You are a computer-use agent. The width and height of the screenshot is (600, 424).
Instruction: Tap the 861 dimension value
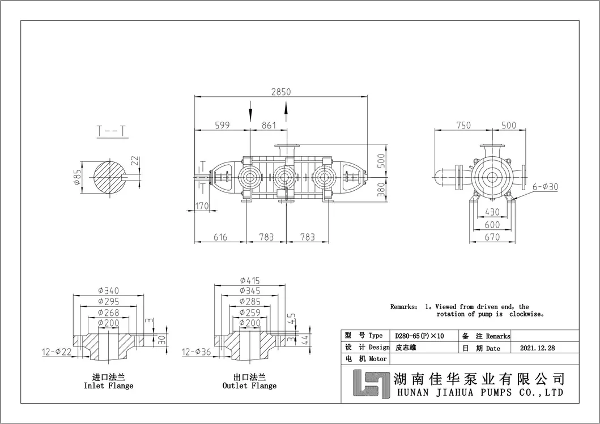[x=269, y=125]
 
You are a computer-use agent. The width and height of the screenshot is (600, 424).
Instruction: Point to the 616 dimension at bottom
[x=220, y=237]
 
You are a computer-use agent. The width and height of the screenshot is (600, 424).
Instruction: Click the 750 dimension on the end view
[x=463, y=125]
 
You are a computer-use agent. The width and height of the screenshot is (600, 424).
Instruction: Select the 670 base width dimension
[x=492, y=237]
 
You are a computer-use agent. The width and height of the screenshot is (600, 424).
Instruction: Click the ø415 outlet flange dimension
[x=249, y=280]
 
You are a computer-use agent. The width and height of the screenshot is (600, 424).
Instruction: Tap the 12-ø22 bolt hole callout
[x=56, y=352]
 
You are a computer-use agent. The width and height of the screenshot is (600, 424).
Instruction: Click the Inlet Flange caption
[x=108, y=386]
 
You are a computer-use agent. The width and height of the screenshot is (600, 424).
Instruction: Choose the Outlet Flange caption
[x=249, y=386]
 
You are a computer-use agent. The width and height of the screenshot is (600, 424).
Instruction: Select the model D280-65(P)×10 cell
[x=420, y=336]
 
